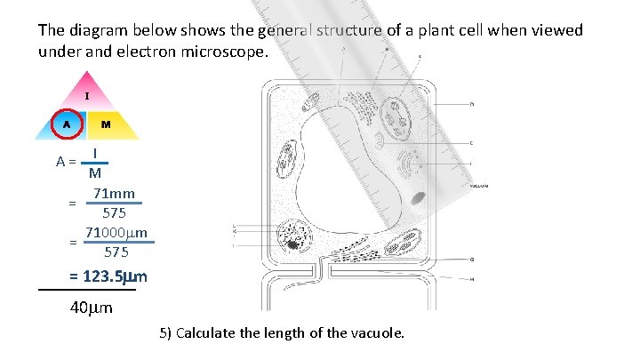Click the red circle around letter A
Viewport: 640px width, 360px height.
coord(66,124)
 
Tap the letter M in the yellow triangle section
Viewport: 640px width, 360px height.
coord(105,124)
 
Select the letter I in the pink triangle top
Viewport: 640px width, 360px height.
coord(86,95)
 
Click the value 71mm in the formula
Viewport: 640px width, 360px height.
coord(115,194)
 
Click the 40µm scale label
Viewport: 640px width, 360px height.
coord(91,308)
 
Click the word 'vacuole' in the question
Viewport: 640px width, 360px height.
coord(378,333)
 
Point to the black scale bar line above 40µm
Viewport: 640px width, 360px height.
coord(87,290)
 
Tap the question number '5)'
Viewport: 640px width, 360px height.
coord(165,333)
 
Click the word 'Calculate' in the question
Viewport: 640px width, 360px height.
coord(206,333)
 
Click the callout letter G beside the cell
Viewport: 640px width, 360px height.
coord(471,259)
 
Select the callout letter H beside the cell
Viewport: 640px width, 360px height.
coord(471,279)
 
